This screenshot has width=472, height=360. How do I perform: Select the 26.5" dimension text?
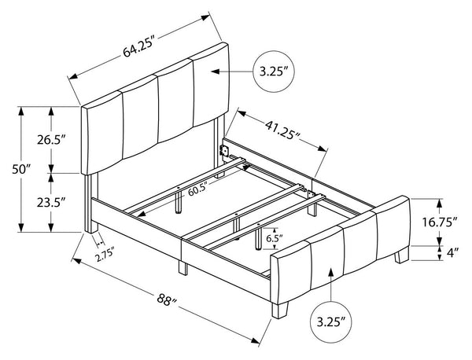[51, 140]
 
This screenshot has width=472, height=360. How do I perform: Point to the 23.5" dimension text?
[51, 203]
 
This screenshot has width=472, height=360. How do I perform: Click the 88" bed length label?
[168, 299]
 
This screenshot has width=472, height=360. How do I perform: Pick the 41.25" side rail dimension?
[282, 130]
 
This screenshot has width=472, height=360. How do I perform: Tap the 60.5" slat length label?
[198, 190]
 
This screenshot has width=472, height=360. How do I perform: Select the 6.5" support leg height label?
[275, 239]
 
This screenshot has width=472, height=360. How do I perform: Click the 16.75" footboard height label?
[440, 222]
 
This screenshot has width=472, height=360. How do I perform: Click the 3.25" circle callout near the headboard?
[273, 72]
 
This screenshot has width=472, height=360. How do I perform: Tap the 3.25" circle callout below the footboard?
[331, 323]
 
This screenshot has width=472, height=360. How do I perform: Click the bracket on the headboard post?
[223, 150]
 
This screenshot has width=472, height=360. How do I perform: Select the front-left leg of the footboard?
[279, 310]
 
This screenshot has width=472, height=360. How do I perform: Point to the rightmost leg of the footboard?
[402, 255]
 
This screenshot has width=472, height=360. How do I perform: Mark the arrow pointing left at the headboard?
[232, 72]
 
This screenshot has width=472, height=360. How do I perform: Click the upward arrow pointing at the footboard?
[331, 285]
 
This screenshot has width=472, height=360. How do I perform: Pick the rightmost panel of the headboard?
[211, 85]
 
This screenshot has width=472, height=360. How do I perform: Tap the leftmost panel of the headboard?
[102, 132]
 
